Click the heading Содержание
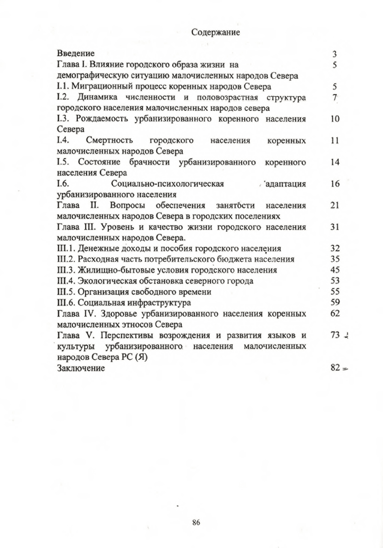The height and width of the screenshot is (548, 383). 215,33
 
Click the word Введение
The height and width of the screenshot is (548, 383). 76,53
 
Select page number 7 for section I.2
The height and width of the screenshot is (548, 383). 334,98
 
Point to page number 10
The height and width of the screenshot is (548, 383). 335,119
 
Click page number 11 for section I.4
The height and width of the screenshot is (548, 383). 335,141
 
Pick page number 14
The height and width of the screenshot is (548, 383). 335,163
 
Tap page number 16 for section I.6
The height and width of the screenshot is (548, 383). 335,184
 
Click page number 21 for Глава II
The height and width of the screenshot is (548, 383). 335,205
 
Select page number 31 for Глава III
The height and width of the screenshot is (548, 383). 335,227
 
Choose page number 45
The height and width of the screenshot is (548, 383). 335,270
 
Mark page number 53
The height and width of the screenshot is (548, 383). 335,281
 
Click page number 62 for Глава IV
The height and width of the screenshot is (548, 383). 335,313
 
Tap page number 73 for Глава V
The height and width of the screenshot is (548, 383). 335,335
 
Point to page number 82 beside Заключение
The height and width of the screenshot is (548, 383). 335,368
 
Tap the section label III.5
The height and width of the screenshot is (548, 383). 66,292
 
